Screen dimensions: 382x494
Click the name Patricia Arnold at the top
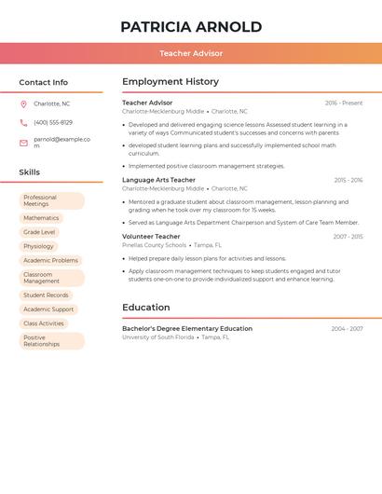point(191,27)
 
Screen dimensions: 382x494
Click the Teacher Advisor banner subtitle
point(191,54)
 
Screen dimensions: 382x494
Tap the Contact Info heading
point(44,82)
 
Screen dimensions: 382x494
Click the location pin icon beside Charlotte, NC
point(24,103)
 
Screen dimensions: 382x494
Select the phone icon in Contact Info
point(24,122)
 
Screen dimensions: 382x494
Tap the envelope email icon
point(24,142)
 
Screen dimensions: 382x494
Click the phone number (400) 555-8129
point(53,122)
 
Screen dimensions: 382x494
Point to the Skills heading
point(30,172)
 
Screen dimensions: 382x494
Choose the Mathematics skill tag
point(41,218)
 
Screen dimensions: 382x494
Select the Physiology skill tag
point(39,247)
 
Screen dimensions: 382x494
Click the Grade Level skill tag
point(39,232)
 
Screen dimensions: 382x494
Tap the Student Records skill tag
point(46,295)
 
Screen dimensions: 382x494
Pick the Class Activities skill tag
point(44,323)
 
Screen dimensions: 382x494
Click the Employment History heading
point(171,82)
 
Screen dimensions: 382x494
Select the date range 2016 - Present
point(344,103)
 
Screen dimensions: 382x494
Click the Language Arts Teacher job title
point(158,180)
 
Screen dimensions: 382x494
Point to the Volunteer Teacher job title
point(151,237)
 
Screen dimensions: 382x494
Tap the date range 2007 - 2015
point(348,237)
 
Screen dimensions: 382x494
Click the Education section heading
point(146,308)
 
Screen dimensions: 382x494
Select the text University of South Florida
point(158,337)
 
